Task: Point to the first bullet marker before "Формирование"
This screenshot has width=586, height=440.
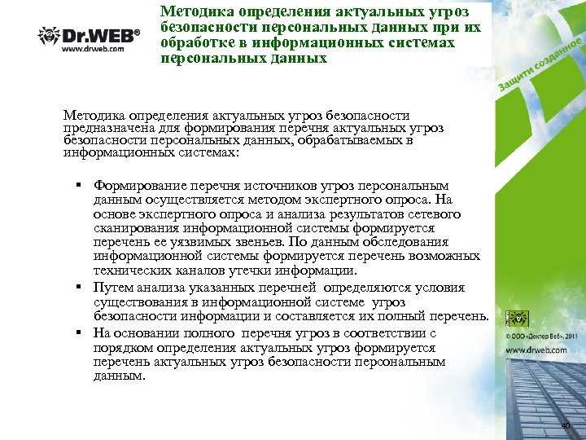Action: [81, 186]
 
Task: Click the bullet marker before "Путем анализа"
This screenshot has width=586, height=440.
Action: [81, 288]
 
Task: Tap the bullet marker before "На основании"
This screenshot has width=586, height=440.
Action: [81, 332]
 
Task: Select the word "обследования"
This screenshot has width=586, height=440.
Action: [409, 241]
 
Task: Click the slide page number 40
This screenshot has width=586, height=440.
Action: [566, 426]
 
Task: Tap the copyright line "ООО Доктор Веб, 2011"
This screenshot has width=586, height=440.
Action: [542, 335]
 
